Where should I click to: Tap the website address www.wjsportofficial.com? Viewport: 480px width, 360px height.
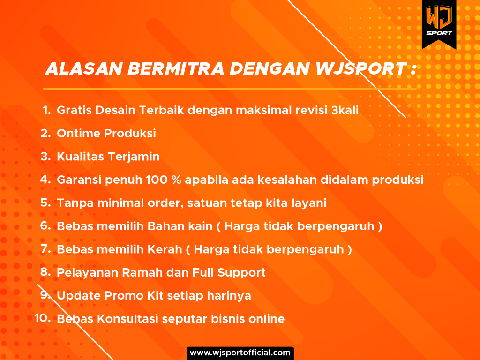[x=240, y=352]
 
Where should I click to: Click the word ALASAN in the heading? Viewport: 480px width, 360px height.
[x=84, y=68]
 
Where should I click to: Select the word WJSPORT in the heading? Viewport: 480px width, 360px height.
[x=361, y=68]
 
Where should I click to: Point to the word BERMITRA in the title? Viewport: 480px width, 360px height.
[x=176, y=68]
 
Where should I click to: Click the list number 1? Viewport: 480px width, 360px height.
[x=46, y=110]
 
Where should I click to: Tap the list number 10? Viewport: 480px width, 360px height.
[x=43, y=318]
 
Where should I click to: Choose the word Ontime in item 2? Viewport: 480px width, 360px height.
[x=78, y=133]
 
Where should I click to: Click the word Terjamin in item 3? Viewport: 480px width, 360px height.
[x=134, y=157]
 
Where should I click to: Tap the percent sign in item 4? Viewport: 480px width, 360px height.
[x=176, y=180]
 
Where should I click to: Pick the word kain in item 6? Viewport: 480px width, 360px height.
[x=200, y=226]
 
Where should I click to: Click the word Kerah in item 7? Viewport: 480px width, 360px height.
[x=165, y=249]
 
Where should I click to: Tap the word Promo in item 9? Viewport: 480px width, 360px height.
[x=124, y=296]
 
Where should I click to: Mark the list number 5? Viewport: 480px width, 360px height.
[x=45, y=202]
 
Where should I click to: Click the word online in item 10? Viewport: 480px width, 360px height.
[x=266, y=319]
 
